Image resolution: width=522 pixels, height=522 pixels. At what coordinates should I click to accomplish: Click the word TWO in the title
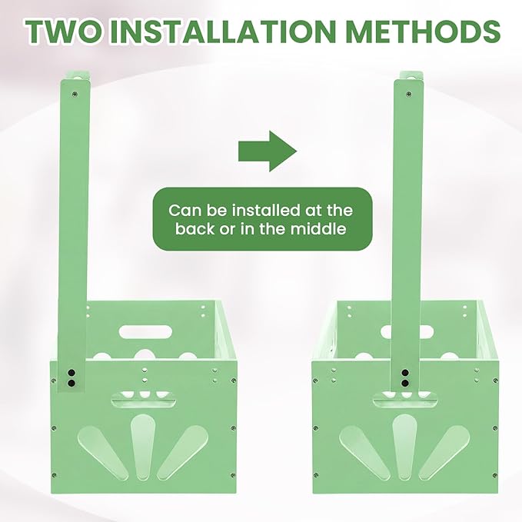click(x=64, y=32)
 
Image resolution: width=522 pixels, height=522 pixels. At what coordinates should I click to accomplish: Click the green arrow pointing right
click(x=268, y=151)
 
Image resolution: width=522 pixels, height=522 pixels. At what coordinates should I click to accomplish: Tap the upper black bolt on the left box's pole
click(x=71, y=372)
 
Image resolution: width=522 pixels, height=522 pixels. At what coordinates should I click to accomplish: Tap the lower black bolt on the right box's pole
click(x=405, y=383)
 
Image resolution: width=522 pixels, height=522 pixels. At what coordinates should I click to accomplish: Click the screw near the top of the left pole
click(x=75, y=95)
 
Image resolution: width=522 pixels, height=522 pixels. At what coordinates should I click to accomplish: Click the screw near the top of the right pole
click(x=409, y=95)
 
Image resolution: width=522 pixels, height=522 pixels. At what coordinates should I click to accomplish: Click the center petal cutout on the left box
click(x=143, y=446)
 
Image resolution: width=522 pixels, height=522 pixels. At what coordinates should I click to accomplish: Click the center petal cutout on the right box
click(x=405, y=446)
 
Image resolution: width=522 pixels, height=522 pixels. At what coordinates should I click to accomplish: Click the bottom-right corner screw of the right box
click(x=495, y=475)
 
